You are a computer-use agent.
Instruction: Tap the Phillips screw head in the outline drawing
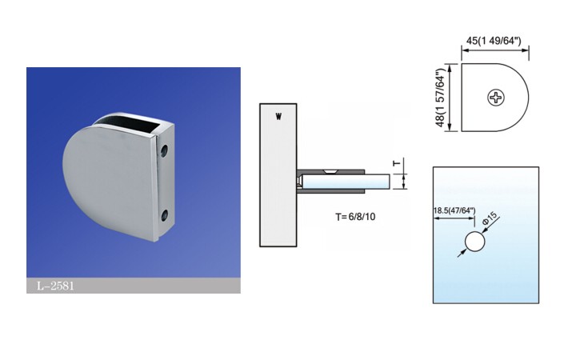click(x=496, y=98)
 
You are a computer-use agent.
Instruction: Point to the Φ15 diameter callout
click(x=490, y=217)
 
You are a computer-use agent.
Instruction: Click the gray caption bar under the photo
click(x=133, y=286)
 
